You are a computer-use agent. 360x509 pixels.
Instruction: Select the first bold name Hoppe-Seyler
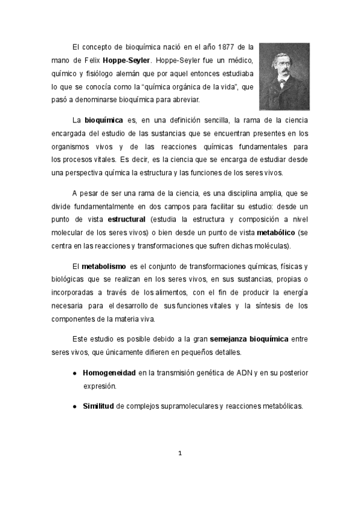pos(127,61)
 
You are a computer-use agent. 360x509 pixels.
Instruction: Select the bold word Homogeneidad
pos(109,373)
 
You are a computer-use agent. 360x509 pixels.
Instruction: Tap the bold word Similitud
pos(98,406)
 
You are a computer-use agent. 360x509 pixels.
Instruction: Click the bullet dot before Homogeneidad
pos(74,373)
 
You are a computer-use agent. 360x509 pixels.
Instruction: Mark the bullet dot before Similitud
pos(74,407)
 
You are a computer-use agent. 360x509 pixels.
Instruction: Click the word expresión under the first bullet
pos(100,386)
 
